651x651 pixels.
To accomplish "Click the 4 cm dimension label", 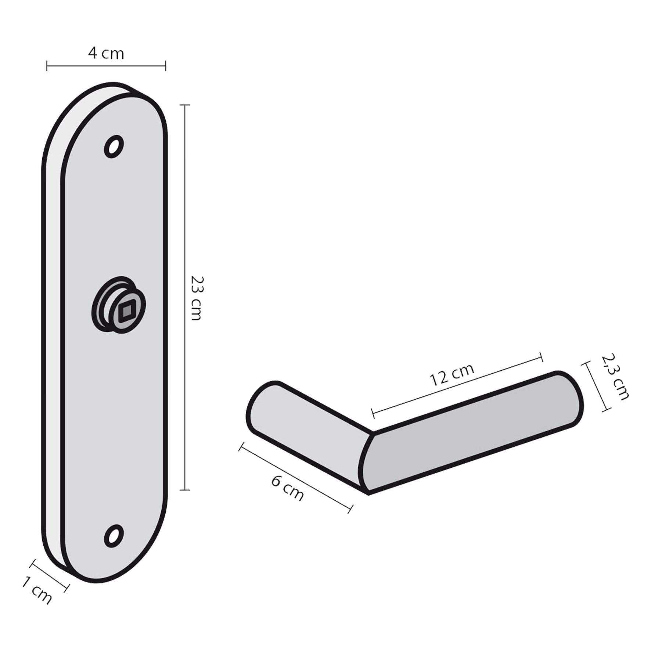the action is click(106, 54).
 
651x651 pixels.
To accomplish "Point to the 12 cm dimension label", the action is click(452, 374).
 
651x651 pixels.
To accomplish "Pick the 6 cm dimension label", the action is click(288, 488).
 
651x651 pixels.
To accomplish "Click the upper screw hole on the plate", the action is click(114, 147).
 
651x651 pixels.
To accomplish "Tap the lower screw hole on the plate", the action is click(114, 536).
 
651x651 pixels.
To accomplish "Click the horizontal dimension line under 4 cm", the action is click(106, 66).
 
